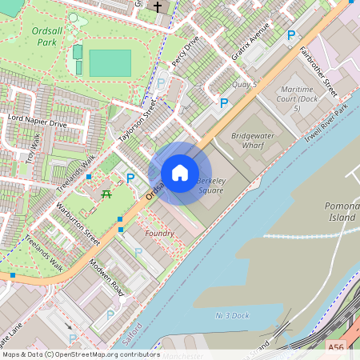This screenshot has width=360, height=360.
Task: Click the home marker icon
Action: (180, 173)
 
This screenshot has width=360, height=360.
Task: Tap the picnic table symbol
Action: (106, 193)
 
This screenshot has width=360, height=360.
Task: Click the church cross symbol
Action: (158, 7)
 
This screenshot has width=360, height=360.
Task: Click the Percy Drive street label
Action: (185, 51)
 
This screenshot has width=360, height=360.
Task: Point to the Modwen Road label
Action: (106, 277)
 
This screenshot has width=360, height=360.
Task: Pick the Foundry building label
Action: (160, 233)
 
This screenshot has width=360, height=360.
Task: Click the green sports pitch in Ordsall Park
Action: (110, 63)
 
